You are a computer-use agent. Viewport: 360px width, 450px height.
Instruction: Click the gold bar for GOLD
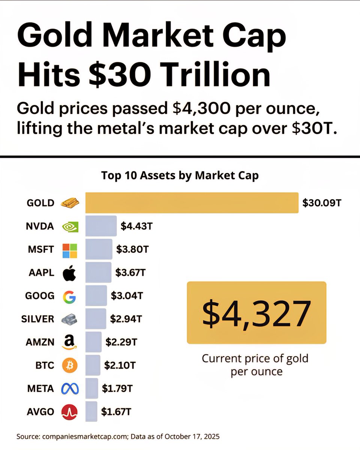click(192, 203)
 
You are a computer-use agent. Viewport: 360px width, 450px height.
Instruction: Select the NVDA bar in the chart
click(101, 226)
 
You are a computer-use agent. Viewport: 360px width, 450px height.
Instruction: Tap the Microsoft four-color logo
click(69, 250)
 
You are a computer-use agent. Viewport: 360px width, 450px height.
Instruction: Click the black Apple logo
click(69, 273)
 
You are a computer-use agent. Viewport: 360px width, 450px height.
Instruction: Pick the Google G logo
click(69, 297)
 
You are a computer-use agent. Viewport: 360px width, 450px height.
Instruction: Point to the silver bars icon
click(69, 319)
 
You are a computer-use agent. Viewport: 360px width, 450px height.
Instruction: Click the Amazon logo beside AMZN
click(69, 342)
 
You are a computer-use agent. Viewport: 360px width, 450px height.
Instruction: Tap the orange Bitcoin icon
click(69, 365)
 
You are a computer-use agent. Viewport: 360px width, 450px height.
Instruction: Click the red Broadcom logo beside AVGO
click(69, 412)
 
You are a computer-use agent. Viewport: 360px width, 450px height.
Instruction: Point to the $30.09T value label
click(322, 203)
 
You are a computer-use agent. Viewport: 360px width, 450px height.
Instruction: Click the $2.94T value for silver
click(126, 319)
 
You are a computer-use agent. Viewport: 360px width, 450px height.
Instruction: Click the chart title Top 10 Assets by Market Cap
click(180, 176)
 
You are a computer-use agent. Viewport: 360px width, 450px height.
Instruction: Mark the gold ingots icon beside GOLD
click(70, 203)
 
